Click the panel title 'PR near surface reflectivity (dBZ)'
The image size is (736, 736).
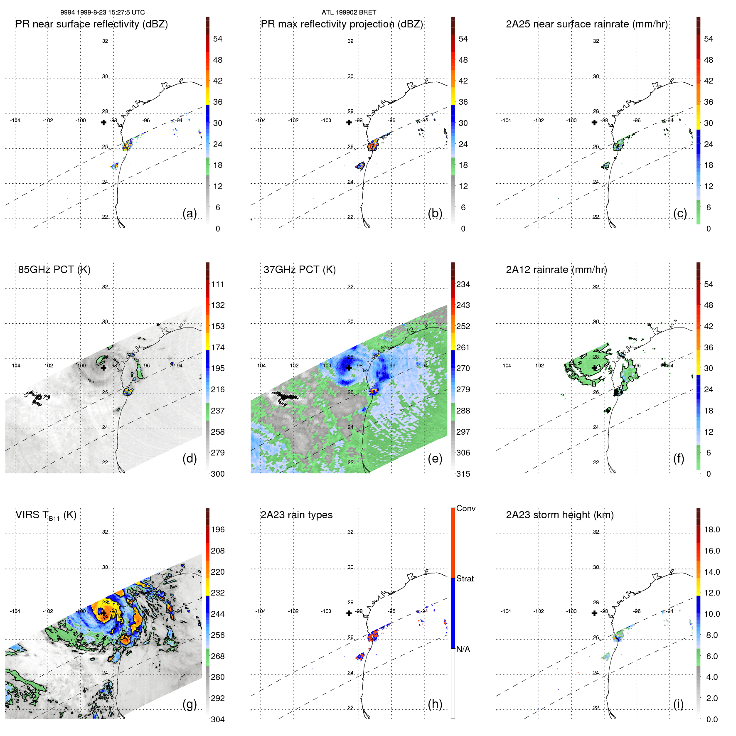(x=91, y=24)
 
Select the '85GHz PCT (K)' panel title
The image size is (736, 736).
(x=54, y=270)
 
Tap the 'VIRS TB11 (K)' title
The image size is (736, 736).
(x=46, y=515)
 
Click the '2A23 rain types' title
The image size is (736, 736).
(x=296, y=515)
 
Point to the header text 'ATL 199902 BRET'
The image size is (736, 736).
(x=349, y=12)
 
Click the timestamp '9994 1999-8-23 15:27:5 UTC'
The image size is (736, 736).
(x=102, y=12)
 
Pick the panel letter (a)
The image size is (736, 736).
(x=190, y=214)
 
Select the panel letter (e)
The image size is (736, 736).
(x=435, y=459)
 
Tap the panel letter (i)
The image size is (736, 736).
(x=678, y=704)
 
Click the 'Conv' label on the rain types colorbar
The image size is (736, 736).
(x=465, y=508)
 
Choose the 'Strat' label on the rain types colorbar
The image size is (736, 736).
(x=465, y=578)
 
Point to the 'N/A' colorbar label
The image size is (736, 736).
(x=463, y=649)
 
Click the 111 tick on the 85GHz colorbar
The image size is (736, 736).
(x=218, y=284)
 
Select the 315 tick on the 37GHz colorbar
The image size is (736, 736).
(x=463, y=474)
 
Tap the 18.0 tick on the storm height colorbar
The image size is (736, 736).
(x=711, y=529)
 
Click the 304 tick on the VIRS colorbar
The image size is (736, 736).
(x=217, y=719)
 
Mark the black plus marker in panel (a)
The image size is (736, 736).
(x=103, y=122)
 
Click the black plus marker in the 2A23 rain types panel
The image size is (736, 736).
(x=349, y=613)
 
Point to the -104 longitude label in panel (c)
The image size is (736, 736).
(x=506, y=121)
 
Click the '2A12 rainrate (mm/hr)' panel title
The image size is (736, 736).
(x=556, y=270)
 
